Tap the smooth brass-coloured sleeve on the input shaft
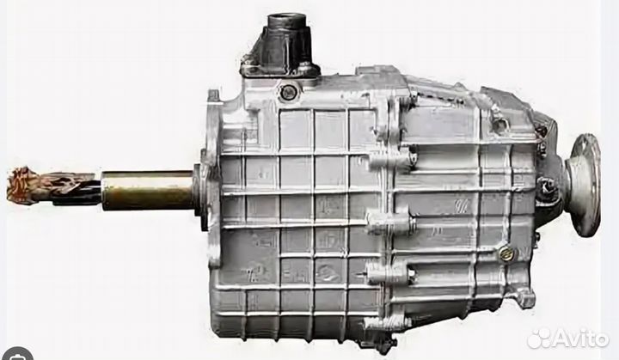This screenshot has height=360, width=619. (x=147, y=190)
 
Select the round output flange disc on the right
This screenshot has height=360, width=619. (x=585, y=185)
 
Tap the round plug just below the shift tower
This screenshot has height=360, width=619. (x=287, y=93)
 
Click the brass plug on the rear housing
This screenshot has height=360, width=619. (x=505, y=253)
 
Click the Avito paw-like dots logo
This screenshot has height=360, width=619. (x=538, y=339)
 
